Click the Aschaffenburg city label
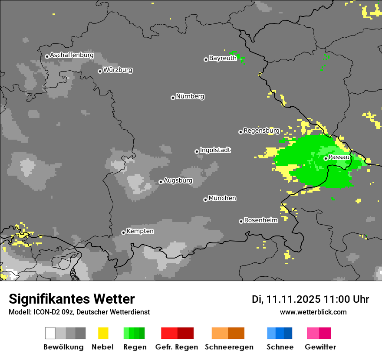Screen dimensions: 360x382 point(72,56)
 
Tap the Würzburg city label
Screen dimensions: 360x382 point(118,70)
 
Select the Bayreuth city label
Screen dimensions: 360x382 point(223,58)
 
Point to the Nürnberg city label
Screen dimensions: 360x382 point(190,96)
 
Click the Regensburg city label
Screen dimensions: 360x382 point(261,131)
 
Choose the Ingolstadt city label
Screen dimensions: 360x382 point(215,150)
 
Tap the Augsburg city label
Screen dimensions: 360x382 point(178,180)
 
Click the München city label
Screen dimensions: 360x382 point(222,198)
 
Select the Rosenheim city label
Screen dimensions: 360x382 point(260,220)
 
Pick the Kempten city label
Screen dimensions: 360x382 point(140,231)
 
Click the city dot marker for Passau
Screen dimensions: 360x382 point(326,158)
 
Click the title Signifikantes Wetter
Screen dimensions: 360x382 point(72,299)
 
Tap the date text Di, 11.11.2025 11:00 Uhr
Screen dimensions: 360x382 point(310,299)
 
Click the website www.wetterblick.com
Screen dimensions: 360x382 point(313,312)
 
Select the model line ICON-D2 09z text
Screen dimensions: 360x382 point(79,312)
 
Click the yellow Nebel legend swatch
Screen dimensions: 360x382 point(103,333)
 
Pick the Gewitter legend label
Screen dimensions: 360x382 point(320,347)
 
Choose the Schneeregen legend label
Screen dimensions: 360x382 point(229,347)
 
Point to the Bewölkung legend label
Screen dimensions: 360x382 point(63,347)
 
